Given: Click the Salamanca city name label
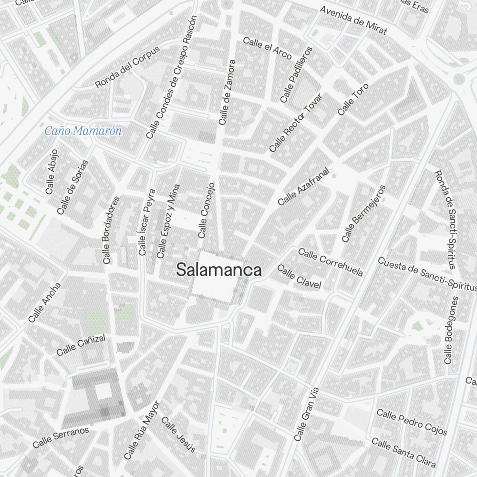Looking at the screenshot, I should click(x=219, y=270).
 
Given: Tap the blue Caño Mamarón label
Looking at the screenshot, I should click(x=83, y=131).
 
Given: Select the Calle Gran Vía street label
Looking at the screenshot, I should click(x=306, y=414).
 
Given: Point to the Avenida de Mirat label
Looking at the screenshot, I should click(x=353, y=21).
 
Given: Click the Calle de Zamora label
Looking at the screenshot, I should click(x=227, y=93).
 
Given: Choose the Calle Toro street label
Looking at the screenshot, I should click(x=353, y=99).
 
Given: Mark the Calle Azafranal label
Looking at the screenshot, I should click(x=304, y=187).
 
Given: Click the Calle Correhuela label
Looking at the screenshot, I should click(x=331, y=262).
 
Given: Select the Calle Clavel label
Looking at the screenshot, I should click(x=299, y=277).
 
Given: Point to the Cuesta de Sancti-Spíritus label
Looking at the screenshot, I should click(x=427, y=274).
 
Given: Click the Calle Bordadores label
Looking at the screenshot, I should click(x=111, y=230).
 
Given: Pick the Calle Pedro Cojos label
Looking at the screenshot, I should click(x=412, y=422).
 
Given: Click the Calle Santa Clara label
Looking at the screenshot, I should click(x=404, y=452).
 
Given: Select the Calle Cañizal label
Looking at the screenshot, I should click(x=81, y=345).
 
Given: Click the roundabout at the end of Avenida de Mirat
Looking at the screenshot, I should click(x=458, y=79).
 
